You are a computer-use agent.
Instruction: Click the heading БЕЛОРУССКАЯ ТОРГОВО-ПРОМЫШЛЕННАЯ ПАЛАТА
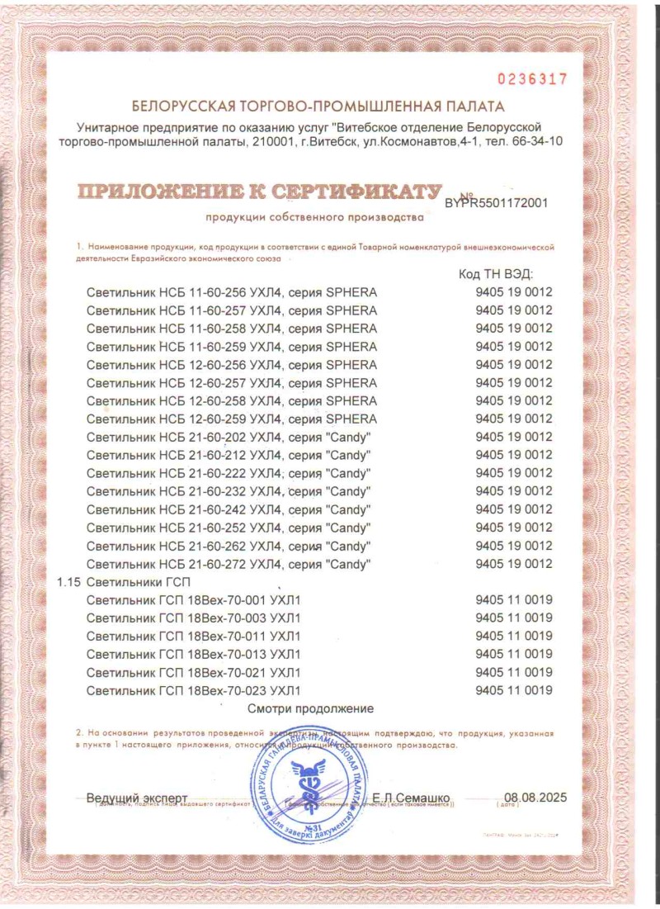318,107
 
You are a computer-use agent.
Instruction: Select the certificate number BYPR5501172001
496,201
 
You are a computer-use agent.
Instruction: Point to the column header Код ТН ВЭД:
495,274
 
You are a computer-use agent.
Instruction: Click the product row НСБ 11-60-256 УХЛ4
232,292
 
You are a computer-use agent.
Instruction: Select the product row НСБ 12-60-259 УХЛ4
232,419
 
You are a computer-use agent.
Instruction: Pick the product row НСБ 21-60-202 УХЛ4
229,437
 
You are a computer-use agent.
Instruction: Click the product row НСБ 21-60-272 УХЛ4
229,564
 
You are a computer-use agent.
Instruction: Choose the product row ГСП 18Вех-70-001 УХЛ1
194,600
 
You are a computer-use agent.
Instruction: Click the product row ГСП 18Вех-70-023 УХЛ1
194,690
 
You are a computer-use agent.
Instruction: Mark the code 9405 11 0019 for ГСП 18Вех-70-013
514,655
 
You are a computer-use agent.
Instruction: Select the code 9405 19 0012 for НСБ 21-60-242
514,509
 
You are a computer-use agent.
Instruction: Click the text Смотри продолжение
311,708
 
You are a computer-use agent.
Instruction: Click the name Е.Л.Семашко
411,798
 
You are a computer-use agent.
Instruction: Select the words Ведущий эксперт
137,798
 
